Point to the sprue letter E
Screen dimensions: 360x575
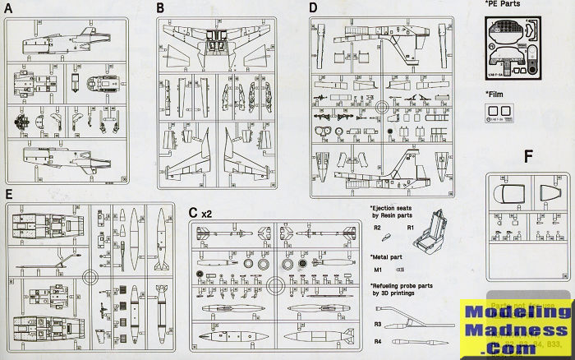point(8,194)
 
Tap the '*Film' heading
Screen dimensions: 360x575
point(494,93)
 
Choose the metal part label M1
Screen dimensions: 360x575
point(378,269)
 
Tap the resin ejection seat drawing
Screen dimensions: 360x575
point(436,232)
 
